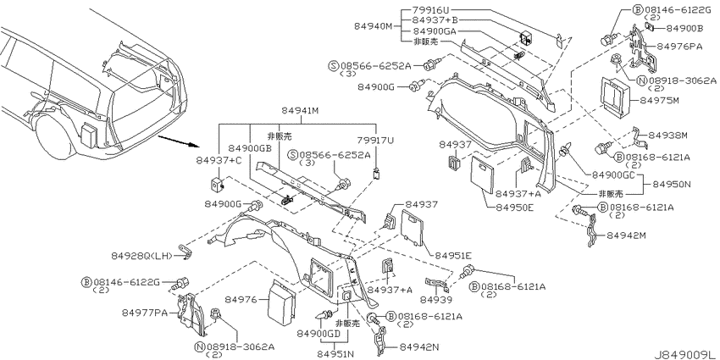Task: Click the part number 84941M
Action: point(301,110)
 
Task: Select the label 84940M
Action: point(374,26)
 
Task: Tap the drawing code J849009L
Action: point(685,355)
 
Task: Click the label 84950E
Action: point(515,208)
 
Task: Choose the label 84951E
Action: point(453,255)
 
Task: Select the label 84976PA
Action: point(679,46)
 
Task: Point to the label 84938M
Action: point(668,136)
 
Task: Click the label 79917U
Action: point(375,141)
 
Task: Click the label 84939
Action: point(436,301)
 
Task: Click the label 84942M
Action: point(626,235)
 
